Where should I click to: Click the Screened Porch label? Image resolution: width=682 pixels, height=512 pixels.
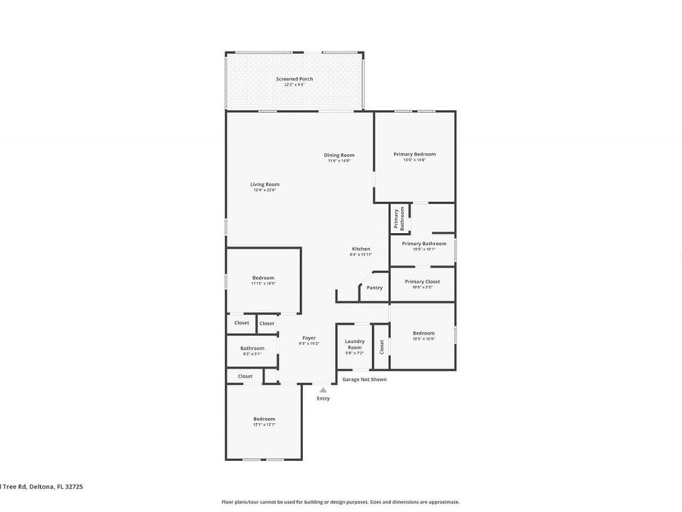coord(294,79)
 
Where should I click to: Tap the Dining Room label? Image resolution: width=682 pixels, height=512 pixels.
coord(340,155)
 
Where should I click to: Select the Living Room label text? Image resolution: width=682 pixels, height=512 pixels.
coord(264,184)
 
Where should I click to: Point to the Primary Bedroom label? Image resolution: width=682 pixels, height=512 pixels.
coord(415,154)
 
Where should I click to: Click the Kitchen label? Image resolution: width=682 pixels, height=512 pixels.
coord(361,249)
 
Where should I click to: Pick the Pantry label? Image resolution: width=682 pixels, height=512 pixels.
coord(374,287)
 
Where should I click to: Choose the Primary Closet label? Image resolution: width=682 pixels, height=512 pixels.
coord(422,281)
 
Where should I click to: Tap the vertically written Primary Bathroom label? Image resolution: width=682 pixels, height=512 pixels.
coord(399,219)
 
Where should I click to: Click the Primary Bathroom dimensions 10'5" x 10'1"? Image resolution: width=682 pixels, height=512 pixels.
coord(424,249)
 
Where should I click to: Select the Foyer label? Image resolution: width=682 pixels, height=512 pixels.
coord(309,338)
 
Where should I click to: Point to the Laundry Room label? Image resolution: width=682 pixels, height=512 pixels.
coord(355,344)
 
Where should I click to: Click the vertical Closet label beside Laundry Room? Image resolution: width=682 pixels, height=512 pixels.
coord(382,347)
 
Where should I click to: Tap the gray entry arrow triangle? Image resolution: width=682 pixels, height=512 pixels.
coord(323,390)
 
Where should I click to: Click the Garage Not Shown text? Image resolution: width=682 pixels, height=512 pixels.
coord(364,379)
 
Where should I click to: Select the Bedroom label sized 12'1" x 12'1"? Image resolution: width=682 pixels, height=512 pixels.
coord(264,419)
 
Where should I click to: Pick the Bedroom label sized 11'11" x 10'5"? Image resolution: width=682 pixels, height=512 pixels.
coord(263,278)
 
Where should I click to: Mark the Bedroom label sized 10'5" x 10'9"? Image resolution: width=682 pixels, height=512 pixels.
coord(424,333)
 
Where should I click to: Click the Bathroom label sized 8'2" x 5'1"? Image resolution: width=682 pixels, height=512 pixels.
coord(252,348)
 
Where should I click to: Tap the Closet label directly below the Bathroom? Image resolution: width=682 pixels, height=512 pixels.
coord(245,376)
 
